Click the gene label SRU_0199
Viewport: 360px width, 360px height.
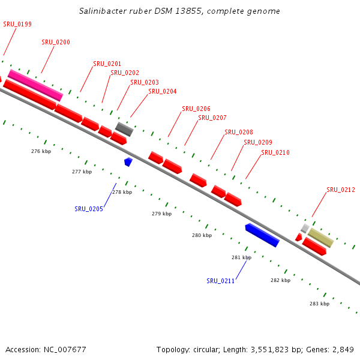(x=17, y=24)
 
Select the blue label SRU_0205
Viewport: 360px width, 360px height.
(x=89, y=209)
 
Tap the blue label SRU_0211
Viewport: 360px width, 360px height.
(x=221, y=281)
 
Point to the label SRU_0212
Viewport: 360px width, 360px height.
(x=341, y=190)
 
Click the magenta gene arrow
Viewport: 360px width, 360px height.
(x=35, y=85)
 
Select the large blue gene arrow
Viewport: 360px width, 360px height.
(x=262, y=235)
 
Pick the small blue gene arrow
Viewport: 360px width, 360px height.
(x=128, y=161)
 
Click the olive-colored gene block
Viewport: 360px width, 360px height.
(x=321, y=238)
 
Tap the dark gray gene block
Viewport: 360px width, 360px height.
(x=124, y=129)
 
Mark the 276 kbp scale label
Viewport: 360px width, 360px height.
(x=41, y=151)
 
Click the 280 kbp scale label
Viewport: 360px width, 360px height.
(x=202, y=235)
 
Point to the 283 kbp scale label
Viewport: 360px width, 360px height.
(x=319, y=304)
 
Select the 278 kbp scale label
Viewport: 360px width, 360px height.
(x=122, y=192)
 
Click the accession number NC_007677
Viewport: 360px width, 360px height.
(x=62, y=349)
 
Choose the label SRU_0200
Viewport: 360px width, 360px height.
(x=56, y=42)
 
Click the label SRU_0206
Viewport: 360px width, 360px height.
(x=196, y=109)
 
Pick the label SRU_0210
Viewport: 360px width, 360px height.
(x=275, y=152)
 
